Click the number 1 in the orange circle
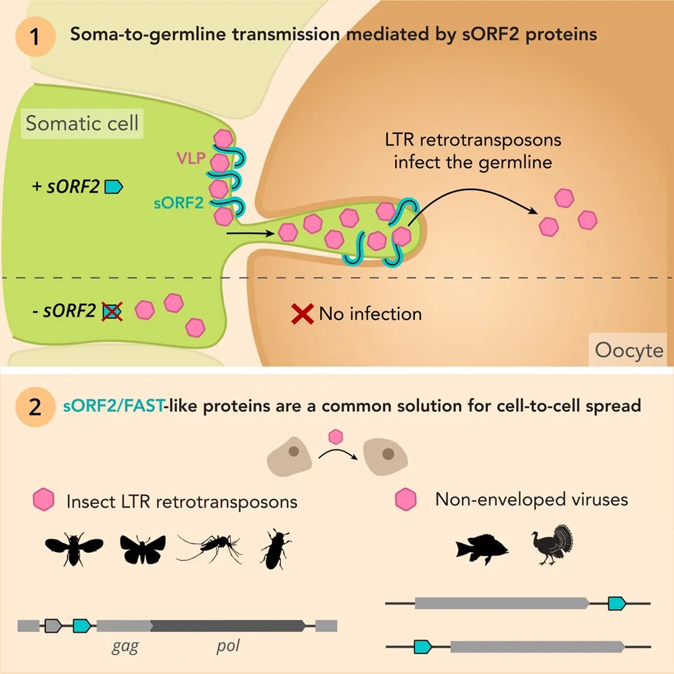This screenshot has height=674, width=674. coord(35,37)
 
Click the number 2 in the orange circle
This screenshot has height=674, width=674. coord(35,407)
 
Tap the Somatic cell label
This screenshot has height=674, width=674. coord(82,123)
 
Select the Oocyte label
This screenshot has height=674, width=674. coord(629,351)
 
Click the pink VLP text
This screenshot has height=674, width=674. coord(191,158)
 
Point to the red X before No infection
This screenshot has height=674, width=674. coord(302,314)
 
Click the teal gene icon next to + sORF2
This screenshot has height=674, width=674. coord(114,187)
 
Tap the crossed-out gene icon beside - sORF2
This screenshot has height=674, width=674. coord(112,311)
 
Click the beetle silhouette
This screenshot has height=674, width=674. coord(275,549)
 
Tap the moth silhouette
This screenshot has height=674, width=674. coord(143,549)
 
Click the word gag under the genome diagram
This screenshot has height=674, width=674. coord(125,646)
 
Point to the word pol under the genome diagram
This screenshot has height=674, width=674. coord(228,646)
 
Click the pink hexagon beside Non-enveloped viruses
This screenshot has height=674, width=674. coord(406,499)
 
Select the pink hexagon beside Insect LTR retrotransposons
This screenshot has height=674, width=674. coord(43,499)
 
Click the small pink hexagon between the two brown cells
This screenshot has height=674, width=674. coord(336,436)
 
